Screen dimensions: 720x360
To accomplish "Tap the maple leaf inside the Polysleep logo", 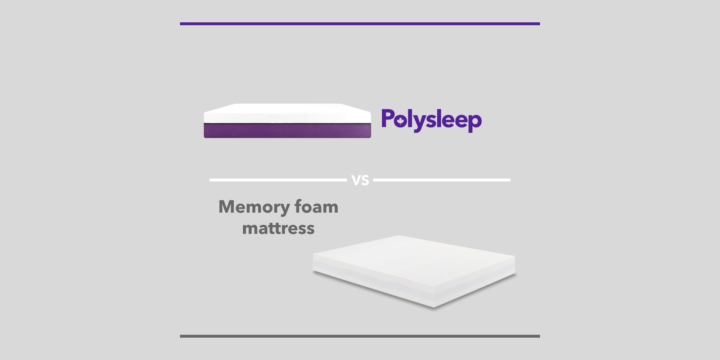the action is (x=400, y=121).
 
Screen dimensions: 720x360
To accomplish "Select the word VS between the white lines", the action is (x=360, y=180).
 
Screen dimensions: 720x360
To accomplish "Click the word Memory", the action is (x=254, y=207).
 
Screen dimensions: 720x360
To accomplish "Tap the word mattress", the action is (x=278, y=228).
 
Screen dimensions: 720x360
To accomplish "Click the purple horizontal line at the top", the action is (x=360, y=24).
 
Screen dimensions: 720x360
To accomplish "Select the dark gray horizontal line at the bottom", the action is (x=360, y=336).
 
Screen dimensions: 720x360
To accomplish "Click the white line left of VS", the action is (x=278, y=180).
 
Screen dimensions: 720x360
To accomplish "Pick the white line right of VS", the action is (x=442, y=180).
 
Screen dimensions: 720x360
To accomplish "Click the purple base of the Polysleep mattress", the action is (x=287, y=131).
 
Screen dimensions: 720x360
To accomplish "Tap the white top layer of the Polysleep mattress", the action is (x=287, y=113).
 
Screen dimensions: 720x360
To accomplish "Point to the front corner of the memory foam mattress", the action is (x=434, y=307).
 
